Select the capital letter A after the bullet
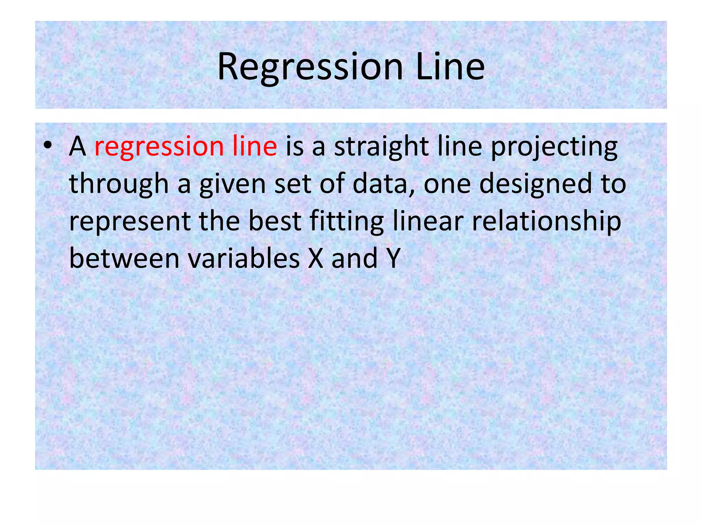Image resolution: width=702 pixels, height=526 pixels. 77,147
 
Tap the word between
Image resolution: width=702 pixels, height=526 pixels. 124,259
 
